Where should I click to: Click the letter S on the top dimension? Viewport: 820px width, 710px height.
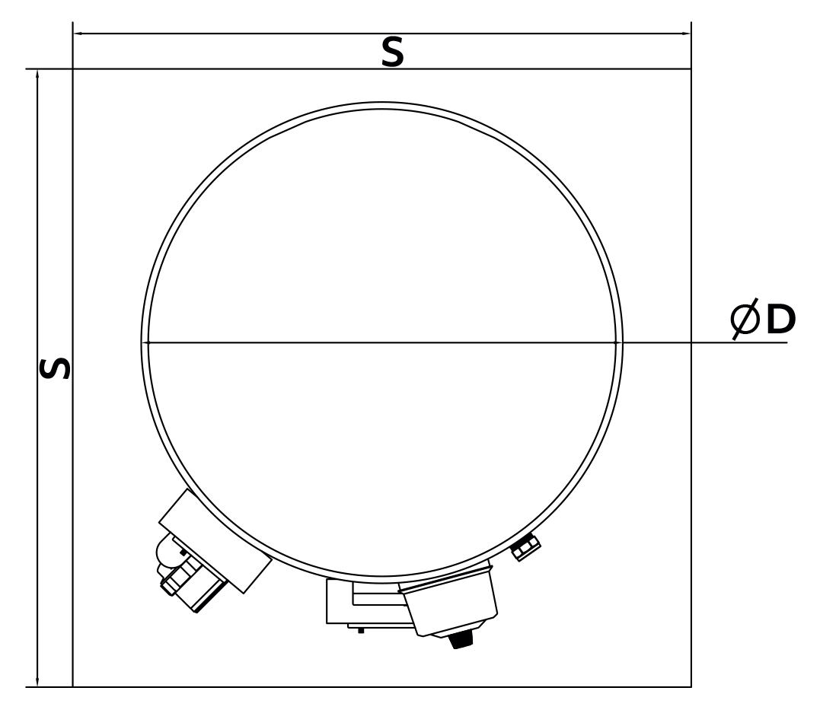coord(392,52)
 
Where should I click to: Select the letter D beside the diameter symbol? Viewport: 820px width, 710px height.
coord(780,322)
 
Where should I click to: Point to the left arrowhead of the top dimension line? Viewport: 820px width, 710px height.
coord(77,33)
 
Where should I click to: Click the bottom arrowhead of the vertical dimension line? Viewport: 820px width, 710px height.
coord(37,682)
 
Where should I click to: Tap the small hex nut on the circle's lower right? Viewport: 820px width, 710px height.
coord(525,546)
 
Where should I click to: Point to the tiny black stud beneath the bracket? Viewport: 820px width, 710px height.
coord(360,630)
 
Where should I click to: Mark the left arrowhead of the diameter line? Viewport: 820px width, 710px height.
coord(146,342)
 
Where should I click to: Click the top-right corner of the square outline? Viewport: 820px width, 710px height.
coord(691,69)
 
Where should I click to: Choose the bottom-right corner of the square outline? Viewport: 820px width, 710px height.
coord(691,686)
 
